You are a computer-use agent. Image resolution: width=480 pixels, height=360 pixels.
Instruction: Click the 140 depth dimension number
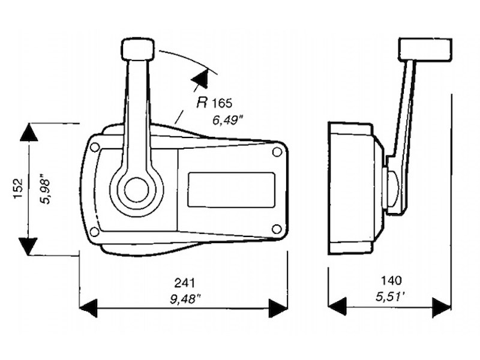(x=391, y=280)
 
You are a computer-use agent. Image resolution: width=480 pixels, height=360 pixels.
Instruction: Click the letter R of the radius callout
(x=202, y=102)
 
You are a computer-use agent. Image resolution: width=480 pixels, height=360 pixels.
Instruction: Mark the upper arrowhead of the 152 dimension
(x=29, y=132)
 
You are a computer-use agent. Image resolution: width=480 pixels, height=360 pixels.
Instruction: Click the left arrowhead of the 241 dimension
(x=88, y=308)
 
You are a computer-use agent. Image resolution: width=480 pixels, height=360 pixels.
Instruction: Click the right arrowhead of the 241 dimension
(x=278, y=308)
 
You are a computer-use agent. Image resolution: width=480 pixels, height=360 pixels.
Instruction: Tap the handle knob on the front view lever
(x=137, y=49)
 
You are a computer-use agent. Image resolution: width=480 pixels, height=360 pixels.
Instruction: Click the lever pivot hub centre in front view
(x=137, y=189)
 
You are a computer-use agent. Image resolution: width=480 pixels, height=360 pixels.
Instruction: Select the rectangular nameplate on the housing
(x=231, y=190)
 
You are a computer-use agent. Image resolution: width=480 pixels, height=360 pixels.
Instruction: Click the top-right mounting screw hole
(x=277, y=152)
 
